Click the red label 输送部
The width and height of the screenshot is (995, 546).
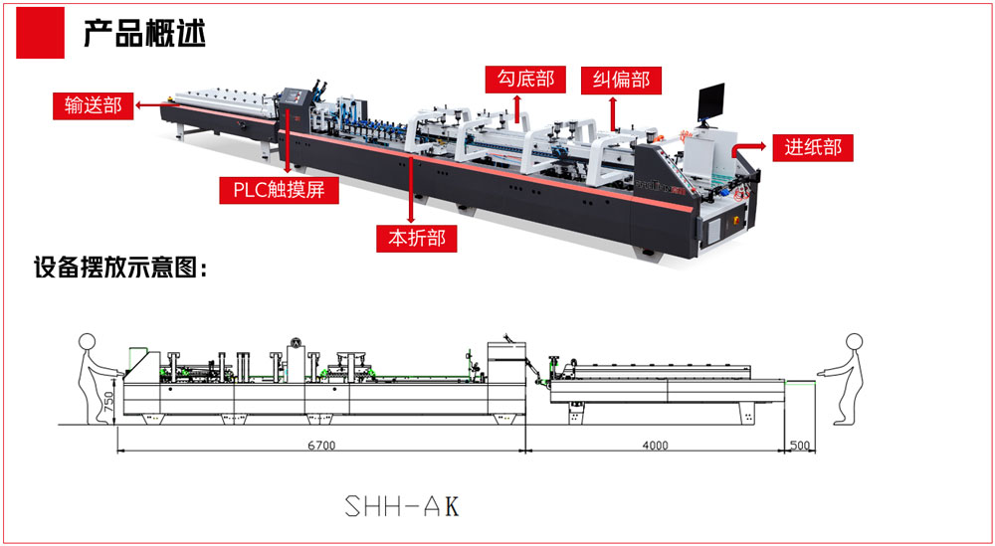tap(93, 105)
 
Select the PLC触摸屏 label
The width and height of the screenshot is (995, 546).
tap(280, 190)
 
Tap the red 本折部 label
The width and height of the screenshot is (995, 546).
tap(416, 239)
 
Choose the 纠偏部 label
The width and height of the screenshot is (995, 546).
tap(621, 80)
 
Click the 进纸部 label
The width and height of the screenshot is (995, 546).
tap(813, 148)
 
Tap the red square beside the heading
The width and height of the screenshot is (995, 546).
tap(40, 33)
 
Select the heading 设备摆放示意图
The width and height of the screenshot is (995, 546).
tap(120, 269)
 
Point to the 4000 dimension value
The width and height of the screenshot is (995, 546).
tap(655, 446)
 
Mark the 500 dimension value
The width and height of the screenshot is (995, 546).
tap(800, 446)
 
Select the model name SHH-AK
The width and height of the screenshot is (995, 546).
tap(401, 505)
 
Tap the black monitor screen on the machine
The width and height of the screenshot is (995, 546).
tap(710, 101)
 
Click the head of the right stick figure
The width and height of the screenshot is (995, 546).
tap(855, 340)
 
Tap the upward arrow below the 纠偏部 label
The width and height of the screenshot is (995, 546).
tap(613, 112)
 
